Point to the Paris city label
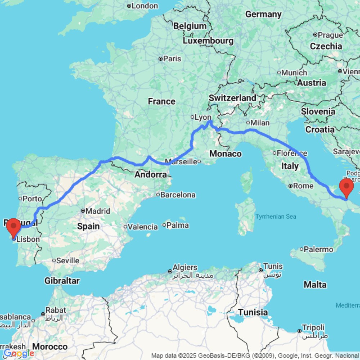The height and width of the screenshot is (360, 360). [x=172, y=58]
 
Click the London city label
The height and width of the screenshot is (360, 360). [x=145, y=6]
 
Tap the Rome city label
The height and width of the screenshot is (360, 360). [x=303, y=186]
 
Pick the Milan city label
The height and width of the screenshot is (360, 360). [x=260, y=123]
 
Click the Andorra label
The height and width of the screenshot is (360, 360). [x=150, y=175]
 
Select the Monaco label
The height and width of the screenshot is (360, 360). [x=225, y=154]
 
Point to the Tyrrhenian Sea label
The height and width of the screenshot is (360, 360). [x=276, y=216]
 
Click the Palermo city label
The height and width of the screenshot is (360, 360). [x=319, y=249]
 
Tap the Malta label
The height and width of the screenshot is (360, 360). [x=315, y=285]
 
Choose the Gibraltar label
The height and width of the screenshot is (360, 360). [x=62, y=280]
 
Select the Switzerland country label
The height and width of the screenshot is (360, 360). [x=232, y=98]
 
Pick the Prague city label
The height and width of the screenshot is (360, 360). [x=330, y=35]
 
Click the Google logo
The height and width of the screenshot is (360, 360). [x=19, y=354]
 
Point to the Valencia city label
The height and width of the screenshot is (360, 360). [x=143, y=227]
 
